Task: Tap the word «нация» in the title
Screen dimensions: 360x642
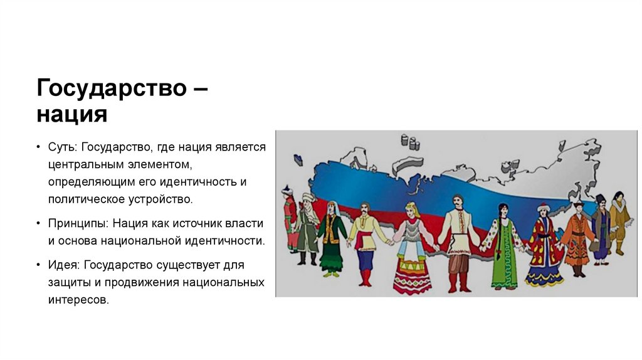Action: (x=72, y=115)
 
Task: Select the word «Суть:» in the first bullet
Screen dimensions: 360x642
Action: (x=61, y=147)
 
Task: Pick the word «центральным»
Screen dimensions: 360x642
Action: (x=82, y=164)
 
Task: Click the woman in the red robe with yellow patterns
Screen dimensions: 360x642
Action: (x=543, y=248)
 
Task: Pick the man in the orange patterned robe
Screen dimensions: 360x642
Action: (x=577, y=238)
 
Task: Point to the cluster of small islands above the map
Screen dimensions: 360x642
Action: (x=409, y=140)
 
